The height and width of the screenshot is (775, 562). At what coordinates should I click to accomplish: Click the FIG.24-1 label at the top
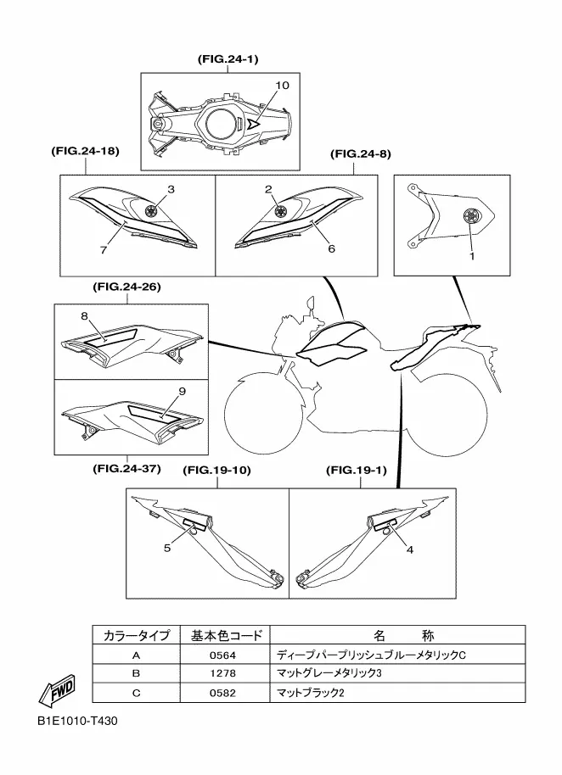click(x=228, y=59)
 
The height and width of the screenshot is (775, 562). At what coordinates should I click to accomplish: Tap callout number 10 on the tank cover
click(x=283, y=86)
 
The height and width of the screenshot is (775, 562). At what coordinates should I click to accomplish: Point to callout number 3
click(x=170, y=189)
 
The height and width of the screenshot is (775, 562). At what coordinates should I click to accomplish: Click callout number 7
click(x=104, y=251)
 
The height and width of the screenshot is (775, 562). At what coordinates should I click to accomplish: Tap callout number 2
click(x=267, y=189)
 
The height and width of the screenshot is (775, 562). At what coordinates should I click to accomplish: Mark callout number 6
click(x=331, y=249)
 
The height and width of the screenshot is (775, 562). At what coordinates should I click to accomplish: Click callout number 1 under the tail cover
click(x=471, y=255)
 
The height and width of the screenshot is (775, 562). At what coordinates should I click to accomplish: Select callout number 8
click(x=84, y=315)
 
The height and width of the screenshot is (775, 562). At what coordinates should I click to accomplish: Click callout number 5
click(x=167, y=548)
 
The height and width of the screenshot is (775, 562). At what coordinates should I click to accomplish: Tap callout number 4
click(x=410, y=549)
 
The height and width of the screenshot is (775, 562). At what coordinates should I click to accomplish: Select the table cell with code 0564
click(x=221, y=655)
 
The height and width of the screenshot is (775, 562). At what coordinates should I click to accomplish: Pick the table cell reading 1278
click(x=221, y=674)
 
